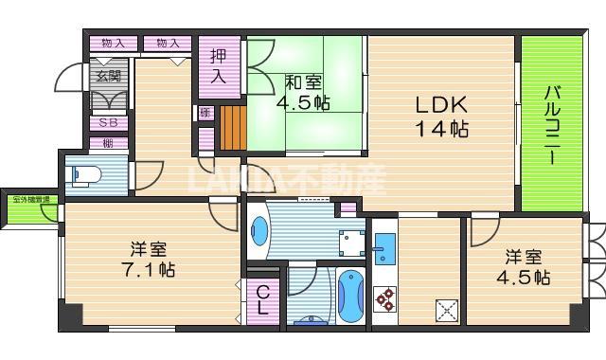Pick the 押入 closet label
pos(218,66)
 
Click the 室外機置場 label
pos(32,200)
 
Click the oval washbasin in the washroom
pos(260,230)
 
